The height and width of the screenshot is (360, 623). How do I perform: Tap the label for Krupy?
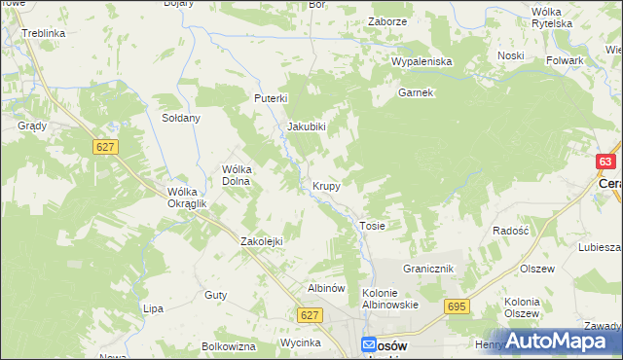[326, 185]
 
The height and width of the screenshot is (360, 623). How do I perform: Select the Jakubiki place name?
[306, 126]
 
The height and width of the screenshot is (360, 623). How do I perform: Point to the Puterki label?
[272, 98]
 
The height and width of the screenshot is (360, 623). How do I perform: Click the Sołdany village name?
[180, 118]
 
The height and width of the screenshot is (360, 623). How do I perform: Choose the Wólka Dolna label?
[238, 174]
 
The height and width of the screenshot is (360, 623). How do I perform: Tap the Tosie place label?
[373, 226]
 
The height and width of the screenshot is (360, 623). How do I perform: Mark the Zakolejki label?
[261, 241]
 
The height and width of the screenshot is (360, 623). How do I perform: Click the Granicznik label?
[428, 268]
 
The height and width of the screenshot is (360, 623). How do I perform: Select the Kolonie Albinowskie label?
[389, 298]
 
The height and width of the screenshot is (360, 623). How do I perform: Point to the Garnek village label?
[415, 93]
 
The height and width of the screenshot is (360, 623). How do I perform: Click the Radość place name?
[510, 231]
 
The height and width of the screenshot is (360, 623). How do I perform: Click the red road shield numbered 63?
[606, 162]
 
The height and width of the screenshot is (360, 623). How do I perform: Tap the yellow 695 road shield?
[458, 306]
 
